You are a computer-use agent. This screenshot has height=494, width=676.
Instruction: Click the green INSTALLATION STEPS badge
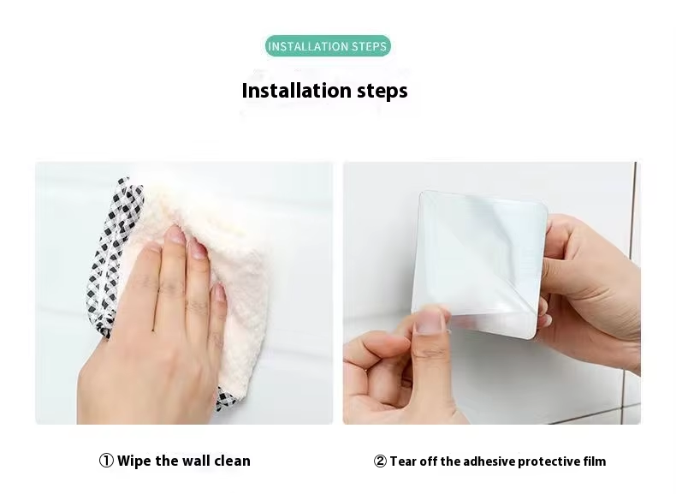328,45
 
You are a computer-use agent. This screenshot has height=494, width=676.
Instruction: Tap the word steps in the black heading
382,91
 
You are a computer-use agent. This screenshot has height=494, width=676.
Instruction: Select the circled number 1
106,461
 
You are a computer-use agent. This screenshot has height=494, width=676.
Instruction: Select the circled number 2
380,461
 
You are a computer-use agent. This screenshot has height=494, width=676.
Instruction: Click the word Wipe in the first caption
134,461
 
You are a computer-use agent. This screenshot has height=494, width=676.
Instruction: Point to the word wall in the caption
195,461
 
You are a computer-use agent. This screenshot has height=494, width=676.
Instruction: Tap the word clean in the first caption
233,461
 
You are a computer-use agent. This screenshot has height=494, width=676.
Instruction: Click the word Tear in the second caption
403,461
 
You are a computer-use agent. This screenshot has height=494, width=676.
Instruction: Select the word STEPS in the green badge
369,46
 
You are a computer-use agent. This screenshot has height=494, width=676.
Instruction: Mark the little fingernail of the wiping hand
220,293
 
